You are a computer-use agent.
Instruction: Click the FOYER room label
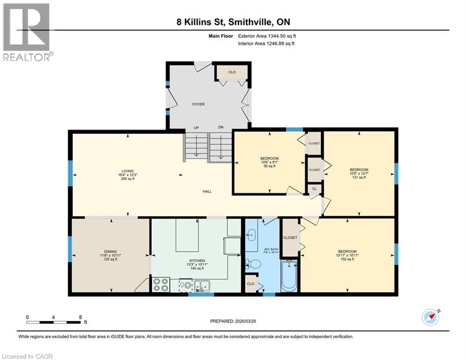[x=198, y=104]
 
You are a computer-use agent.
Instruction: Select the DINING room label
[x=111, y=251]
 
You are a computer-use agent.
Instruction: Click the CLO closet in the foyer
[x=232, y=72]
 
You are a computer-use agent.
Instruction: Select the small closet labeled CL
[x=314, y=189]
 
